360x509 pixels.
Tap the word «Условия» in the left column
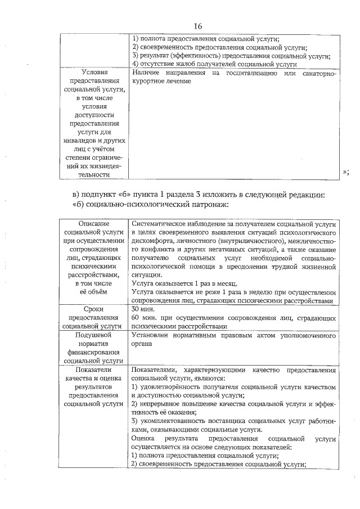point(94,73)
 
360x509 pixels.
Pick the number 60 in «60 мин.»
point(135,318)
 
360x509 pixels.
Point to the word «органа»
point(142,344)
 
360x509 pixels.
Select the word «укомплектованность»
point(174,421)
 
